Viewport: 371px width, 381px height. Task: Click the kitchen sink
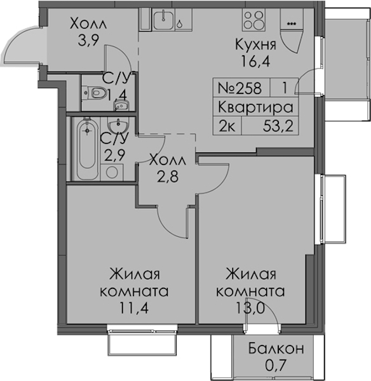[164, 20]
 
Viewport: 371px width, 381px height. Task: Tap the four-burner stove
[253, 20]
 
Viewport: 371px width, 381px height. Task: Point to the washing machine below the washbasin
[112, 172]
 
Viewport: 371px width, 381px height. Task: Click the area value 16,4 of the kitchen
[255, 61]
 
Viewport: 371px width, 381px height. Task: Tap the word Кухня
[256, 44]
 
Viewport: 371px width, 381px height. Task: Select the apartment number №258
[239, 88]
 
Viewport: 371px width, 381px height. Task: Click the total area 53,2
[278, 126]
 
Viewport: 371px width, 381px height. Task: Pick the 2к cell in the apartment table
[227, 126]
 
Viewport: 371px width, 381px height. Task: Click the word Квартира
[255, 107]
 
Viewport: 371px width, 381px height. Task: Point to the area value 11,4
[133, 309]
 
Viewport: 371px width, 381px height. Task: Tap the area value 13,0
[250, 309]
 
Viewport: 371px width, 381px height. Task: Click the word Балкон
[276, 349]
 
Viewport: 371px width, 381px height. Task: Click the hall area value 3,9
[88, 40]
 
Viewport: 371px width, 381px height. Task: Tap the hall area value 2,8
[168, 177]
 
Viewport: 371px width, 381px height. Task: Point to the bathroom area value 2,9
[114, 154]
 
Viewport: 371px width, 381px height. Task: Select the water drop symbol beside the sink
[179, 23]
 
